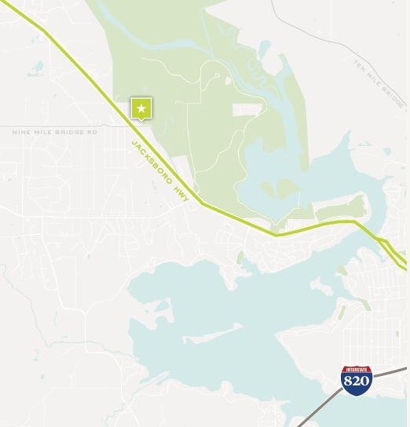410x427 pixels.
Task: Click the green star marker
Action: (x=141, y=108)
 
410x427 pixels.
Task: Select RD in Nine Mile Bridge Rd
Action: (x=92, y=132)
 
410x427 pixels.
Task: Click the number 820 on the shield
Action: (x=357, y=381)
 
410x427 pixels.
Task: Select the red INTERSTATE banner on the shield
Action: (x=357, y=369)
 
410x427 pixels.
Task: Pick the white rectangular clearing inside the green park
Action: (x=245, y=110)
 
